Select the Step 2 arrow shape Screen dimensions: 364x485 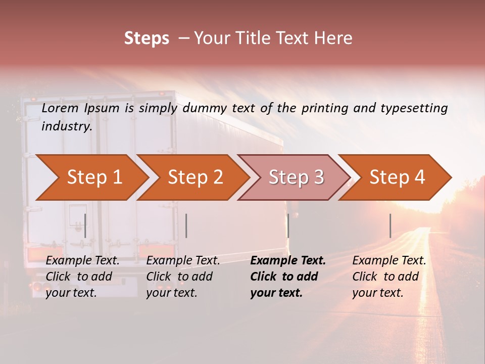point(195,177)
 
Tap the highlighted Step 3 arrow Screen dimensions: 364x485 point(296,177)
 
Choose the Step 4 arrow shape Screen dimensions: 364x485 point(397,177)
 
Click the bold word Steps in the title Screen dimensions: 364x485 point(147,38)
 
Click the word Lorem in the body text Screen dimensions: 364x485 point(60,108)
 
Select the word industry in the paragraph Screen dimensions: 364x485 point(67,126)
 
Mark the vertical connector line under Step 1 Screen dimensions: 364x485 point(85,225)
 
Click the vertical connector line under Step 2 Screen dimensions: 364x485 point(186,225)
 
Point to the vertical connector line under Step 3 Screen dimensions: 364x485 point(288,225)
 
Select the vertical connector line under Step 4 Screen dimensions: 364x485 point(390,225)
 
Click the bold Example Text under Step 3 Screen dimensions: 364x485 point(288,261)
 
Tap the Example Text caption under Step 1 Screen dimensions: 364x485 point(82,261)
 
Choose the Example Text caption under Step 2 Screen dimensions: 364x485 point(183,261)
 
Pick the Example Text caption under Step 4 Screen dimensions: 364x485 point(389,261)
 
